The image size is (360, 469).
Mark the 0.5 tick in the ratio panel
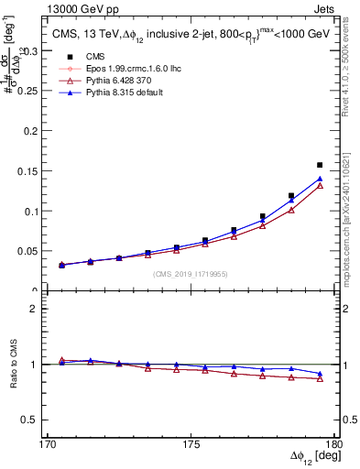click(32, 420)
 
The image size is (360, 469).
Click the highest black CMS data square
click(320, 165)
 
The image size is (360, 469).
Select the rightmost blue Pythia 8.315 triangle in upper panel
click(320, 179)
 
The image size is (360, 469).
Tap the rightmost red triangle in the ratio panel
click(320, 378)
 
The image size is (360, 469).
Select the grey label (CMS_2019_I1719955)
click(191, 273)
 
